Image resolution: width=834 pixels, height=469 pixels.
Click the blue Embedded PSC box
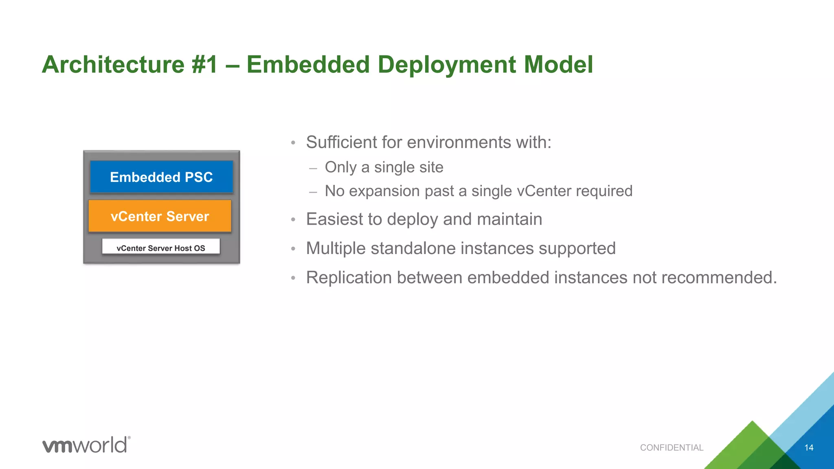161,177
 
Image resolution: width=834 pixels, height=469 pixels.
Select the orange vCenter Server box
160,216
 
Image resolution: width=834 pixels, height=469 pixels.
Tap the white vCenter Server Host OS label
161,248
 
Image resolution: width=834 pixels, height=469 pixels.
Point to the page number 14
809,447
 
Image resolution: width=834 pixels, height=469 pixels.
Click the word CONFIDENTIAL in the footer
672,447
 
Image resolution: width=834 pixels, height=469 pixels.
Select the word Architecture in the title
113,64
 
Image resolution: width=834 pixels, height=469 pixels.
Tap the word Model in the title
558,64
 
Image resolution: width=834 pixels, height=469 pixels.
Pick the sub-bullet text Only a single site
384,167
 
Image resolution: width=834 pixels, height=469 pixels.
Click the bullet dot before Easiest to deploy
293,220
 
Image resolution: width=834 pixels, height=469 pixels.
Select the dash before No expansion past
313,192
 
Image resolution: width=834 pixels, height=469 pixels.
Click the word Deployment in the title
446,64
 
